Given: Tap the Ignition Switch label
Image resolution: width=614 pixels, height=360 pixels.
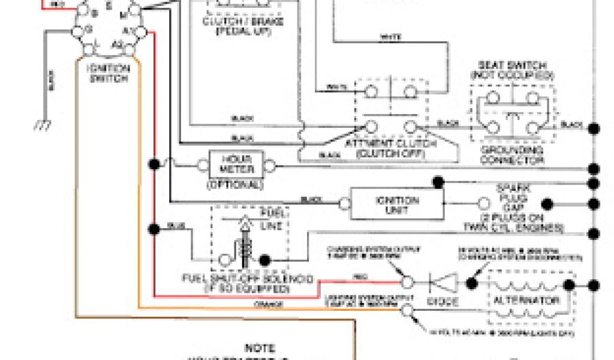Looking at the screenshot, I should click(x=108, y=73).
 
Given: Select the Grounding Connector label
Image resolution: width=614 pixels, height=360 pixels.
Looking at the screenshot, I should click(x=511, y=155).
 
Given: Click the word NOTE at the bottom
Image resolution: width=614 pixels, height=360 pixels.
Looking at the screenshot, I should click(x=260, y=347).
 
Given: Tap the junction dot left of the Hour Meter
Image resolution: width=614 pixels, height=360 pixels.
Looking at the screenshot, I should click(x=155, y=164).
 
